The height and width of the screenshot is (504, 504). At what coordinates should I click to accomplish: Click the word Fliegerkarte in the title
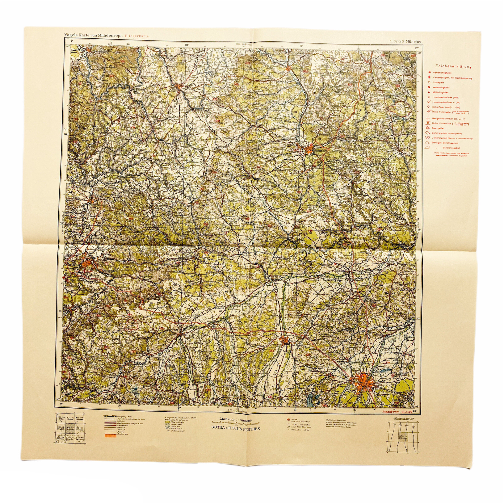[x=137, y=36]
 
